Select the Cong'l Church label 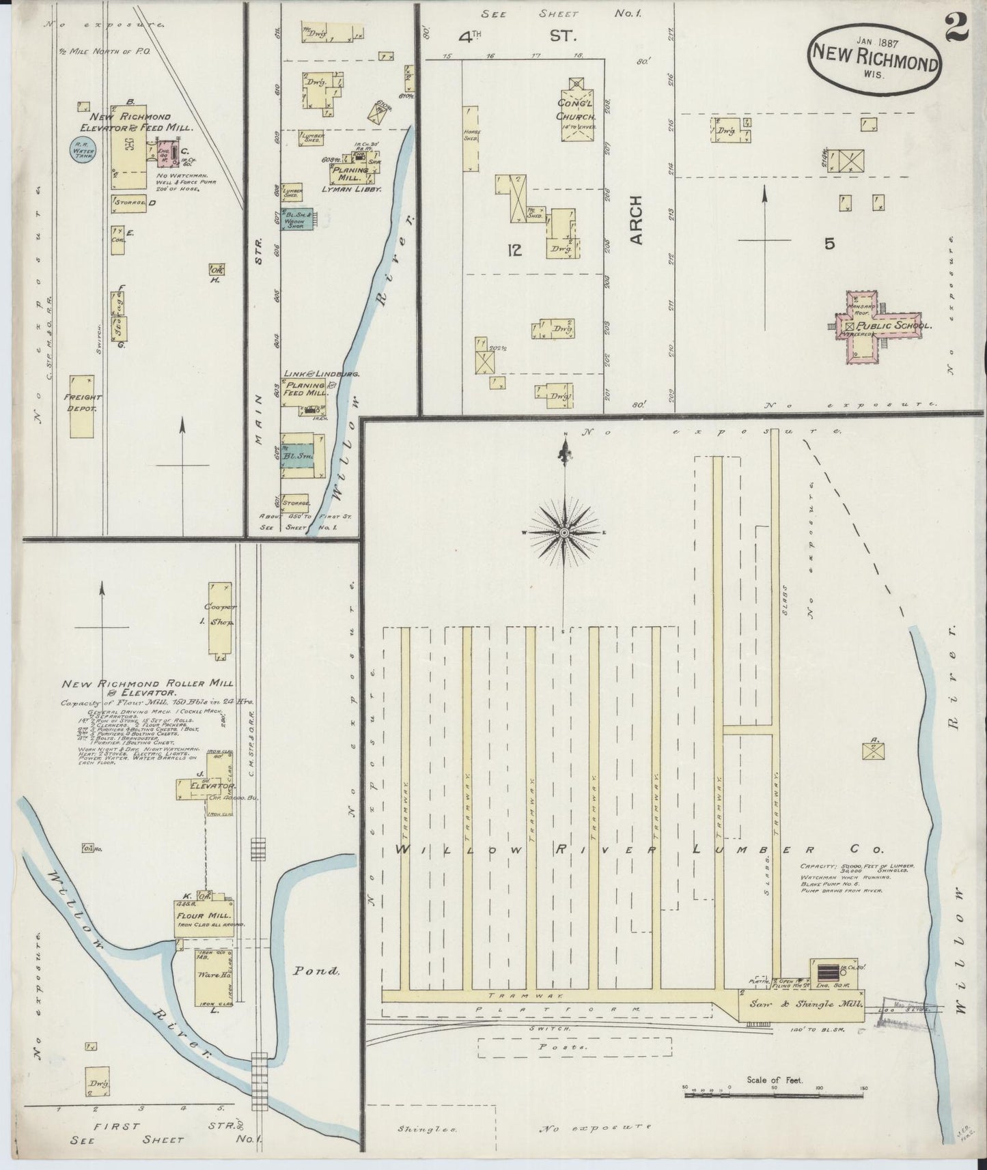pyautogui.click(x=576, y=109)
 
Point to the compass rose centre pyautogui.click(x=564, y=532)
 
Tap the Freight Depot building pyautogui.click(x=82, y=406)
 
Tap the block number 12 pyautogui.click(x=514, y=251)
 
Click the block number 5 pyautogui.click(x=829, y=244)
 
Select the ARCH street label pyautogui.click(x=636, y=220)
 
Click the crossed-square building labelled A pyautogui.click(x=872, y=750)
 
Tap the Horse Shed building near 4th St pyautogui.click(x=471, y=139)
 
